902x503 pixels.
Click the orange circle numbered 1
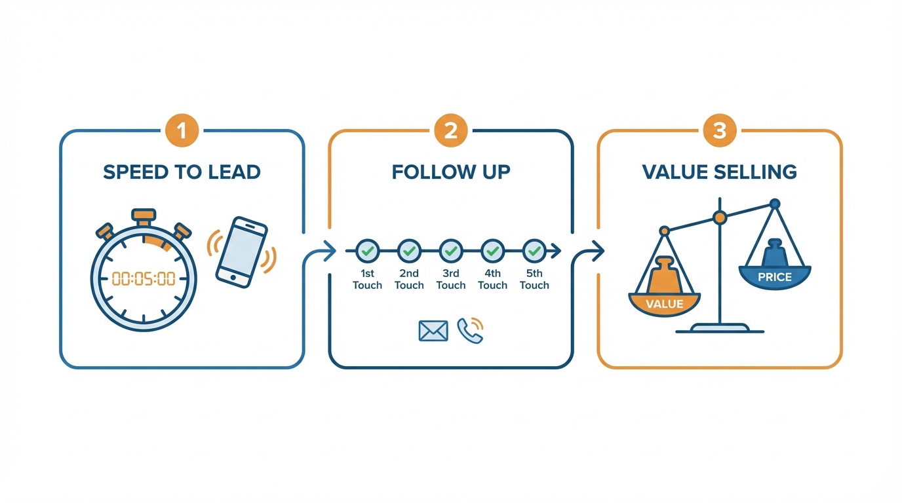pos(182,131)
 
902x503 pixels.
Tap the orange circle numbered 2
pos(450,131)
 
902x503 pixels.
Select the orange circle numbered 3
pos(719,131)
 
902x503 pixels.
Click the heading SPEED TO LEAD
pos(182,172)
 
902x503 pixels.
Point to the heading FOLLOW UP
pos(451,172)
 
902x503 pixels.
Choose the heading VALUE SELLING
pos(719,172)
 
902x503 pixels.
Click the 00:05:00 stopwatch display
pos(144,279)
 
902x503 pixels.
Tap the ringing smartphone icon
pos(241,251)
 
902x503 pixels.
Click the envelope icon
pos(433,331)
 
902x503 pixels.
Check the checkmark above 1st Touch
pos(367,250)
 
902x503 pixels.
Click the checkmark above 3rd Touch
pos(451,250)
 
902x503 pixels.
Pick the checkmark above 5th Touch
pos(534,250)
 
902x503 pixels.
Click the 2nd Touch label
pos(409,280)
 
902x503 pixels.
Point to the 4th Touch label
pos(492,280)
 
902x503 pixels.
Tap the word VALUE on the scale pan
pos(664,304)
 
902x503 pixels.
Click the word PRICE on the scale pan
pos(774,277)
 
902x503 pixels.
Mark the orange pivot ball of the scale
pos(720,217)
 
